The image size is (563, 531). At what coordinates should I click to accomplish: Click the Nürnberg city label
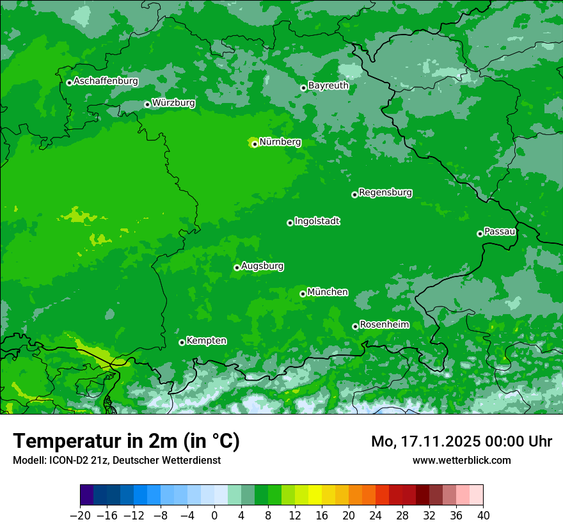tap(280, 142)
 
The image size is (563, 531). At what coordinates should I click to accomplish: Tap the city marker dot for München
tap(303, 294)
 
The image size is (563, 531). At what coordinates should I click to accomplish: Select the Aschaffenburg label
tap(106, 81)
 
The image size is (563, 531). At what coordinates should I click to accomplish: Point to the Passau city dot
tap(480, 234)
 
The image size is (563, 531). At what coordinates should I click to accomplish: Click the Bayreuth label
tap(328, 86)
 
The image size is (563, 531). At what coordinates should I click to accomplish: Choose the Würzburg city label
tap(173, 103)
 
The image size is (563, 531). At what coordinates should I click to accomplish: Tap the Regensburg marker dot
tap(354, 194)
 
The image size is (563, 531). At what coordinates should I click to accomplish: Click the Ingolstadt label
tap(317, 221)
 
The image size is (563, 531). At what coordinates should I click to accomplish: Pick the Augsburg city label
tap(262, 266)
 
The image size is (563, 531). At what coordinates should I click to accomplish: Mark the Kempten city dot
tap(182, 342)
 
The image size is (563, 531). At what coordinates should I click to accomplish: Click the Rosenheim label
tap(384, 325)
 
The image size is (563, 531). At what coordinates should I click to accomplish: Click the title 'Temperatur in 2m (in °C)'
tap(126, 441)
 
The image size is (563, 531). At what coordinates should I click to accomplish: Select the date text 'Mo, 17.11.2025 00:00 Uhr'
tap(461, 441)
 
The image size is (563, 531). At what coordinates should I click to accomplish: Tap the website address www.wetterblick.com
tap(461, 460)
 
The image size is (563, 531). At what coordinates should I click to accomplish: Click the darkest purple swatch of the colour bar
tap(87, 495)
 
